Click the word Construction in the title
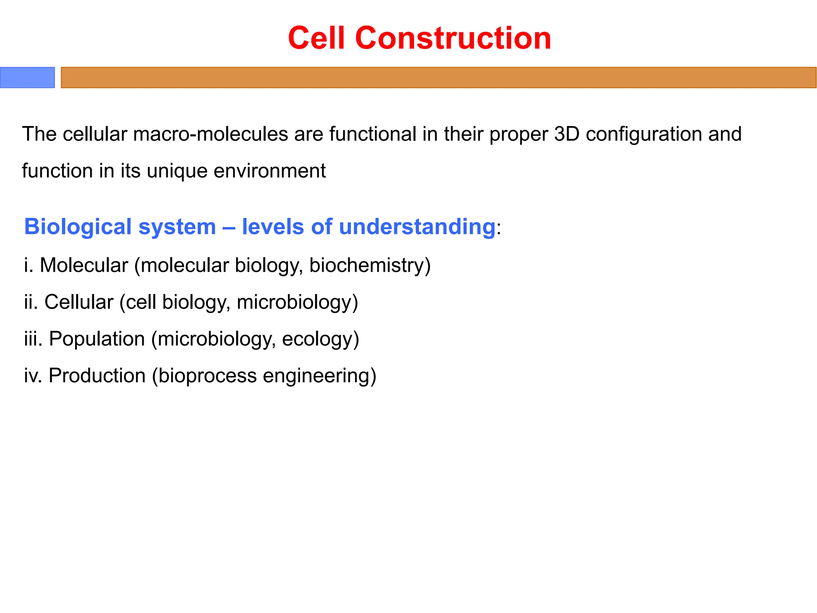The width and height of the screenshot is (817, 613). click(453, 38)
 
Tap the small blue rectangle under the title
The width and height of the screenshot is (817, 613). click(27, 77)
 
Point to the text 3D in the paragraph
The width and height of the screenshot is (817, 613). click(566, 134)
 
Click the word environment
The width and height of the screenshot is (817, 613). click(270, 171)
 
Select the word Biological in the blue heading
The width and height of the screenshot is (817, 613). click(78, 227)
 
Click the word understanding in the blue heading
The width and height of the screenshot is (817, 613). click(417, 227)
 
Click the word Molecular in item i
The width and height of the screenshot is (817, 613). click(84, 265)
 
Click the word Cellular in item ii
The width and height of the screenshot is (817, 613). click(79, 302)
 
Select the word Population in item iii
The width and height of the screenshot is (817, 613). click(97, 339)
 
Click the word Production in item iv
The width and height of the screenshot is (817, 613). click(97, 376)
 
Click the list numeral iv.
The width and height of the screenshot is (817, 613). click(32, 376)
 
